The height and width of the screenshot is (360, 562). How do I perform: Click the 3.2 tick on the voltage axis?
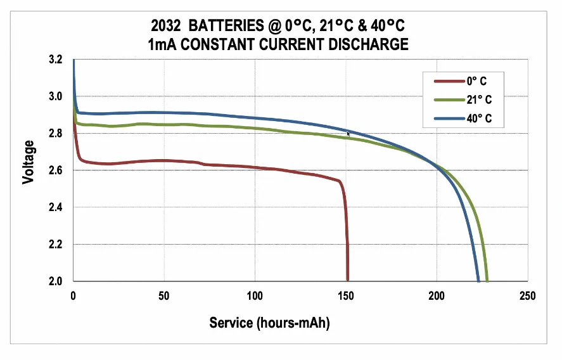click(x=56, y=60)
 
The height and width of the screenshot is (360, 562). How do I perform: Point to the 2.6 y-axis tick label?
click(x=56, y=170)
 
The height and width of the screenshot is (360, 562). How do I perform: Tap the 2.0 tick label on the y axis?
click(x=56, y=281)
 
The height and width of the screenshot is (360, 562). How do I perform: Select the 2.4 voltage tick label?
click(x=56, y=207)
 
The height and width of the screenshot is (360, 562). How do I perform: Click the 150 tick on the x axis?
click(x=345, y=296)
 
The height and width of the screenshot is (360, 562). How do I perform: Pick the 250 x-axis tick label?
click(x=527, y=296)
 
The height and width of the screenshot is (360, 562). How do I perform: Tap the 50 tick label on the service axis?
click(x=163, y=296)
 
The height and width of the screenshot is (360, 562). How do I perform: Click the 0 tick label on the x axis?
click(x=73, y=296)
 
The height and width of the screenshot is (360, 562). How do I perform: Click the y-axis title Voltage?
click(x=28, y=162)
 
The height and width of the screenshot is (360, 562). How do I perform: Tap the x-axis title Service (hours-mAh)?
click(x=270, y=323)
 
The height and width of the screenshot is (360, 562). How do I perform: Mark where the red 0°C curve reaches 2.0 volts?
click(x=348, y=280)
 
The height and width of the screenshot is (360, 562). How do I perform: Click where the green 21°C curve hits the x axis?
click(x=487, y=280)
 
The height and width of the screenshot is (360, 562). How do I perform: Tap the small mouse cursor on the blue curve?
click(x=348, y=133)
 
